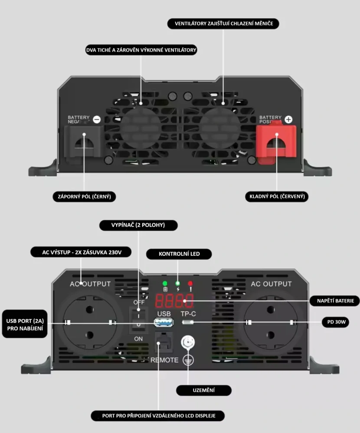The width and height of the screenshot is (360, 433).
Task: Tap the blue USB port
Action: point(164,322)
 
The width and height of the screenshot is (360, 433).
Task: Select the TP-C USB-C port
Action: point(188,322)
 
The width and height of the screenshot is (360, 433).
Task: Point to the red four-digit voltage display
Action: point(174,300)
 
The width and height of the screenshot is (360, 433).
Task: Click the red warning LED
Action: point(190,284)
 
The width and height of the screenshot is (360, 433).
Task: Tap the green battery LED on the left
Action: point(165,284)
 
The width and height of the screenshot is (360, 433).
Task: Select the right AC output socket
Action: point(269,322)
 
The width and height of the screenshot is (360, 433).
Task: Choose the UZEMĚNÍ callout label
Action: point(203,390)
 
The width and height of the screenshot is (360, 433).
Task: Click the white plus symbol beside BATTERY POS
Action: point(289,119)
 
